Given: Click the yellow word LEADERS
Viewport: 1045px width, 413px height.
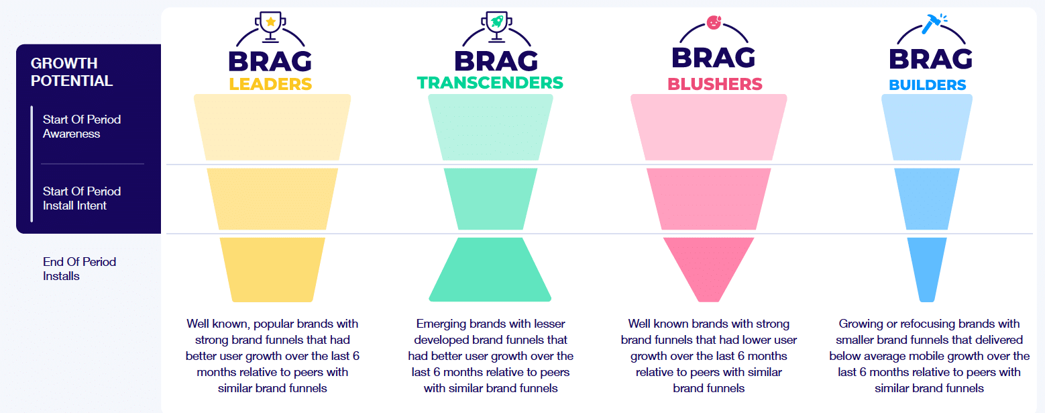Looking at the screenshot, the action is click(270, 84).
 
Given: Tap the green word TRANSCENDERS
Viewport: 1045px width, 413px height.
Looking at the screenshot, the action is click(490, 83).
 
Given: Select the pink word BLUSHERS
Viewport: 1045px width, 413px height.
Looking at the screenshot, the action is click(715, 84).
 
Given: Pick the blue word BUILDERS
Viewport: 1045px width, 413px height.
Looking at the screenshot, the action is click(928, 85).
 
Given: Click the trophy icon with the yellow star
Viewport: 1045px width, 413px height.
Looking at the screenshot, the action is click(270, 26).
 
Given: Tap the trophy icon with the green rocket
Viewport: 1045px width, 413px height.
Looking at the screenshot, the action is click(496, 26).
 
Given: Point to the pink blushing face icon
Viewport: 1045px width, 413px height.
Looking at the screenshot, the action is click(714, 22).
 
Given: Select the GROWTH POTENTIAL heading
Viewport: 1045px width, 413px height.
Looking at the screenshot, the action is click(71, 72).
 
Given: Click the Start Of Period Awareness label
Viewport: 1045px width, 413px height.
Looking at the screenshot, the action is click(82, 127).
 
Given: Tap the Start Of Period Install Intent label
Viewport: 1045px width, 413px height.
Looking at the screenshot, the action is click(82, 199).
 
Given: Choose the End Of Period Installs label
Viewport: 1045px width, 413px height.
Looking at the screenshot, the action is click(79, 269).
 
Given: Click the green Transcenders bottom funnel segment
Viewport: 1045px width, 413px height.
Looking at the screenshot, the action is click(490, 269).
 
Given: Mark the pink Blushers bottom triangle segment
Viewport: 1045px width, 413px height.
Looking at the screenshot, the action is click(709, 267).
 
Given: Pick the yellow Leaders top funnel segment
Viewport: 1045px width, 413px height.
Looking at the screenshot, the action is click(272, 127).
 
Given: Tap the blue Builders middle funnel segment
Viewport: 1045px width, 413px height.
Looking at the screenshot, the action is click(927, 199).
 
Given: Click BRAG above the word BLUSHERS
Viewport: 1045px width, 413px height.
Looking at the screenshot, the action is click(713, 58).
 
